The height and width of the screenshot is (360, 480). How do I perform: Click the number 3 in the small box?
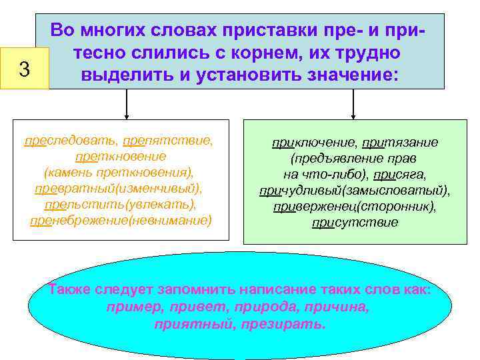[x=24, y=69]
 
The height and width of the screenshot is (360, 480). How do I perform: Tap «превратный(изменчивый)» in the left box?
[x=119, y=189]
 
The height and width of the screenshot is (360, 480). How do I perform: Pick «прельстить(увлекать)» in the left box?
[x=120, y=205]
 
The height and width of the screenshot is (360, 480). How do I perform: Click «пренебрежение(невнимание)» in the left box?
[x=120, y=221]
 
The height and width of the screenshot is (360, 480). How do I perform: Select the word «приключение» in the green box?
[x=314, y=143]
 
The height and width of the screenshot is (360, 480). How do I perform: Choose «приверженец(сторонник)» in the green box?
[x=355, y=207]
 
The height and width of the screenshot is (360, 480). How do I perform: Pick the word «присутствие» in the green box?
[x=355, y=223]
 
